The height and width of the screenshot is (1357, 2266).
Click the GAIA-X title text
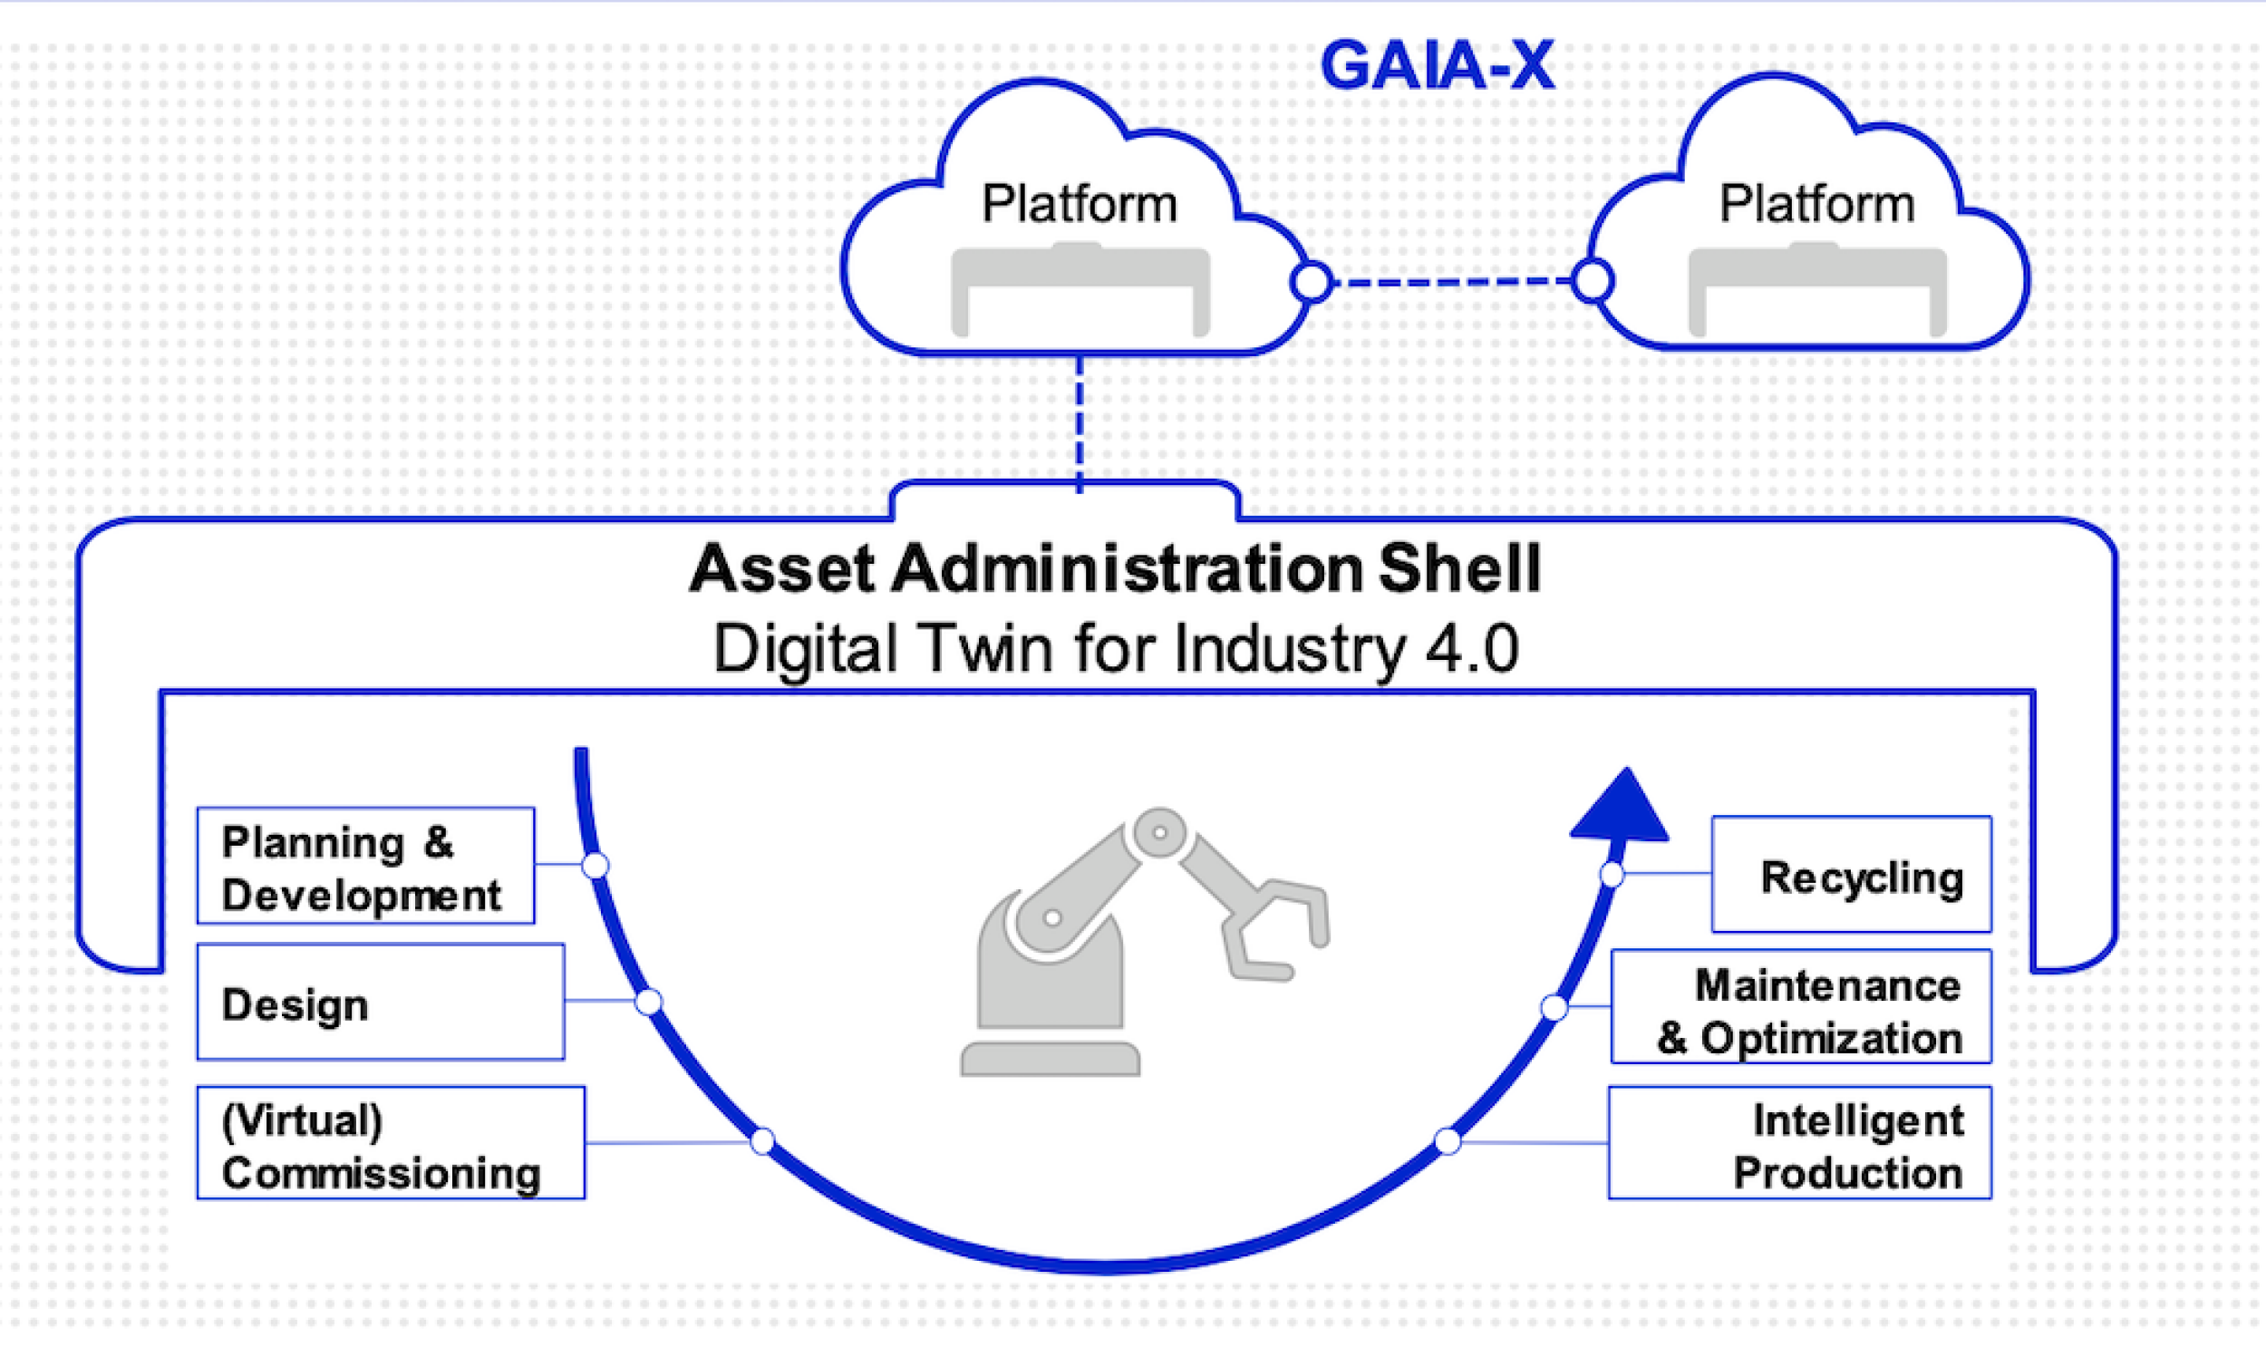point(1437,66)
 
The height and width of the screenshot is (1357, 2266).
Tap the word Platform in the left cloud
point(1079,203)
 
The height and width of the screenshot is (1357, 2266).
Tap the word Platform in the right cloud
point(1816,203)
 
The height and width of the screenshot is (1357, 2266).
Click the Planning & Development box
point(365,866)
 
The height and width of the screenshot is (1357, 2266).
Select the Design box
point(381,1003)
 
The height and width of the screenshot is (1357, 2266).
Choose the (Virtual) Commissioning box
point(391,1143)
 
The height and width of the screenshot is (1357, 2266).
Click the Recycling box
point(1851,875)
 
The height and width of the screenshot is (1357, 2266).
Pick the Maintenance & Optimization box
point(1801,1008)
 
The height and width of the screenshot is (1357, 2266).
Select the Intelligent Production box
point(1799,1143)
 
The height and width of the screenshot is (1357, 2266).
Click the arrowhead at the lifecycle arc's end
point(1622,809)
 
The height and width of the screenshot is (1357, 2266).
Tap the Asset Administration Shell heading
point(1115,568)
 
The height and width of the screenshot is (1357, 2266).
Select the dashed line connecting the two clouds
point(1451,282)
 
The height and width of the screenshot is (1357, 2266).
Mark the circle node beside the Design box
point(648,1003)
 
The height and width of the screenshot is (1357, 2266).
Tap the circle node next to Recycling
point(1612,875)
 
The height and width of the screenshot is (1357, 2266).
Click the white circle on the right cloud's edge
point(1593,281)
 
